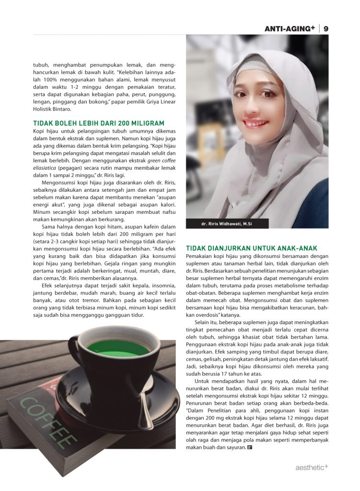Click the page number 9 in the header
[326, 29]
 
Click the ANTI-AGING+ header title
[290, 29]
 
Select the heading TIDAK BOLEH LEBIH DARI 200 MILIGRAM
[99, 123]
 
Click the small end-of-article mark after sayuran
[250, 448]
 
